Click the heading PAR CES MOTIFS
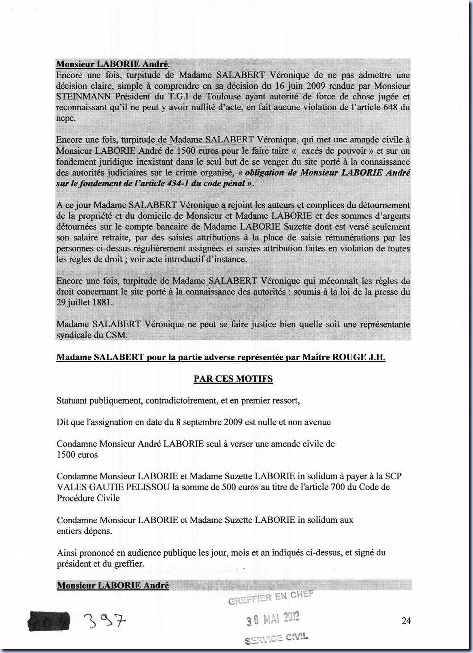233,379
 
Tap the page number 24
406,621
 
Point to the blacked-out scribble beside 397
48,621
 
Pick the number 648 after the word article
391,107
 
